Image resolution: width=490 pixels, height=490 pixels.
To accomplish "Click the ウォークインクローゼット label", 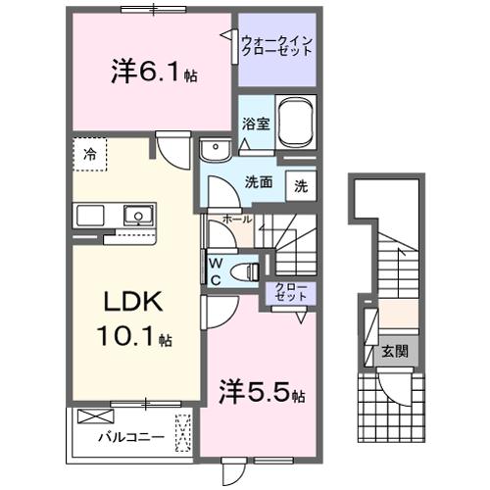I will (x=277, y=45).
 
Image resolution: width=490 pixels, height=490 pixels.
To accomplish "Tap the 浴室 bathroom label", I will (x=254, y=123).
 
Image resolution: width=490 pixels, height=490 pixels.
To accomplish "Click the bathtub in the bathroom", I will (x=297, y=124).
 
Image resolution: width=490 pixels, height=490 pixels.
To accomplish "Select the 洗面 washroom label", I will (x=259, y=181).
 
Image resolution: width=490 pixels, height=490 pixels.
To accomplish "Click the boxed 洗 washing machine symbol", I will (x=301, y=186).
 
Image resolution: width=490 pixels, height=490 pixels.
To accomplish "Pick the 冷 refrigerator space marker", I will (x=90, y=154).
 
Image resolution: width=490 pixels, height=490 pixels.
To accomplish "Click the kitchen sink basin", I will (x=136, y=215).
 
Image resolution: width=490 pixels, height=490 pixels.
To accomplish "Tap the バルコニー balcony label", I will (x=122, y=436).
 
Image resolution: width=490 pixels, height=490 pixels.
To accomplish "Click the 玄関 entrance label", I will (x=395, y=351).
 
